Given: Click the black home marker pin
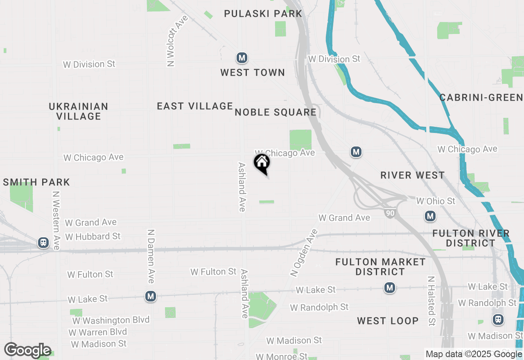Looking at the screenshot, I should pos(262,164).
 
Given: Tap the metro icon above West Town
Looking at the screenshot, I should pos(242,58).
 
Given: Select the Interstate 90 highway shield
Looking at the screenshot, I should pos(390,213).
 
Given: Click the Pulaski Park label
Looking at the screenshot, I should pos(263,13).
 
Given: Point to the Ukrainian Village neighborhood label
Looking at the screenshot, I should pos(79,111).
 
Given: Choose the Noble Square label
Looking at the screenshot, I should pos(276,112).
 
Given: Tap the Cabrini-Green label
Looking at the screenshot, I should pos(481,97).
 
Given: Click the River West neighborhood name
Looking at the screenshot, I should pos(412,175).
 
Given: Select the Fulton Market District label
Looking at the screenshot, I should pos(380,267).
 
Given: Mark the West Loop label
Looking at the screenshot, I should pos(388,321).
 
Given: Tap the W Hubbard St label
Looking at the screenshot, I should pos(93,236).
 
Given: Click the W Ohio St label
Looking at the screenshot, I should pos(436,201).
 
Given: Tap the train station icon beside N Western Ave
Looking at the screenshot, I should pos(43,243).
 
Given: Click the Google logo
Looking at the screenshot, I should pos(27,351).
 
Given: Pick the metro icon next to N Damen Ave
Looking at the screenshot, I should pos(151,296).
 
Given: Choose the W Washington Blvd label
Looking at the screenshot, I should pos(111,320).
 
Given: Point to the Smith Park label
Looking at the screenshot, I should pos(36,182).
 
